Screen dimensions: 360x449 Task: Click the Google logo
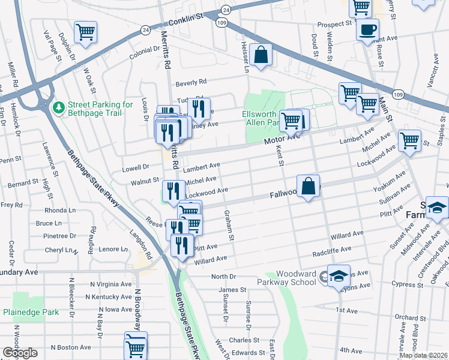pyautogui.click(x=20, y=353)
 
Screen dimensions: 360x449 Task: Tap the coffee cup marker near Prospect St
pyautogui.click(x=367, y=29)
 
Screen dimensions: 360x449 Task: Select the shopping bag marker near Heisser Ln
pyautogui.click(x=261, y=56)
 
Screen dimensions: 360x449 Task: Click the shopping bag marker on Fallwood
pyautogui.click(x=308, y=186)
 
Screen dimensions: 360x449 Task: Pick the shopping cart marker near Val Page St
pyautogui.click(x=85, y=32)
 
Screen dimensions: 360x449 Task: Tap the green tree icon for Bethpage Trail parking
pyautogui.click(x=59, y=107)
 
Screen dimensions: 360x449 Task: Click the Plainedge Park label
pyautogui.click(x=31, y=312)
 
